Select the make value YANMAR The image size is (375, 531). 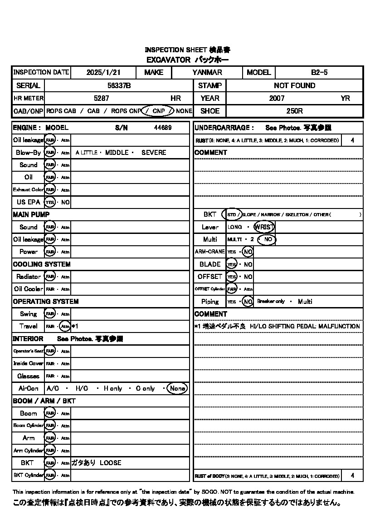pyautogui.click(x=207, y=72)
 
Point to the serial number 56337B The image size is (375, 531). pyautogui.click(x=119, y=85)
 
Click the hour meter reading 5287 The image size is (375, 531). pyautogui.click(x=101, y=98)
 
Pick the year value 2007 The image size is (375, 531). pyautogui.click(x=277, y=98)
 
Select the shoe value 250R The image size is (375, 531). pyautogui.click(x=294, y=111)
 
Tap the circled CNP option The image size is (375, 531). pyautogui.click(x=158, y=111)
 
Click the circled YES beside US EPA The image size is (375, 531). pyautogui.click(x=49, y=202)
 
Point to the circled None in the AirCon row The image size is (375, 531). pyautogui.click(x=177, y=388)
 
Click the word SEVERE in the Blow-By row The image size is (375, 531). pyautogui.click(x=154, y=153)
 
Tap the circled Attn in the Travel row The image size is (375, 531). pyautogui.click(x=65, y=326)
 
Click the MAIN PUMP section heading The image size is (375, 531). pyautogui.click(x=31, y=214)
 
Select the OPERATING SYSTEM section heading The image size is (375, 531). pyautogui.click(x=46, y=302)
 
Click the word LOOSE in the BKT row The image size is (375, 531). pyautogui.click(x=111, y=463)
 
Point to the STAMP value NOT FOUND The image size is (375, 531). pyautogui.click(x=294, y=85)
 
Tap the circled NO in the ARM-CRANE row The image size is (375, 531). pyautogui.click(x=248, y=252)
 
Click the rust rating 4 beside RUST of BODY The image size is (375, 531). pyautogui.click(x=353, y=476)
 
